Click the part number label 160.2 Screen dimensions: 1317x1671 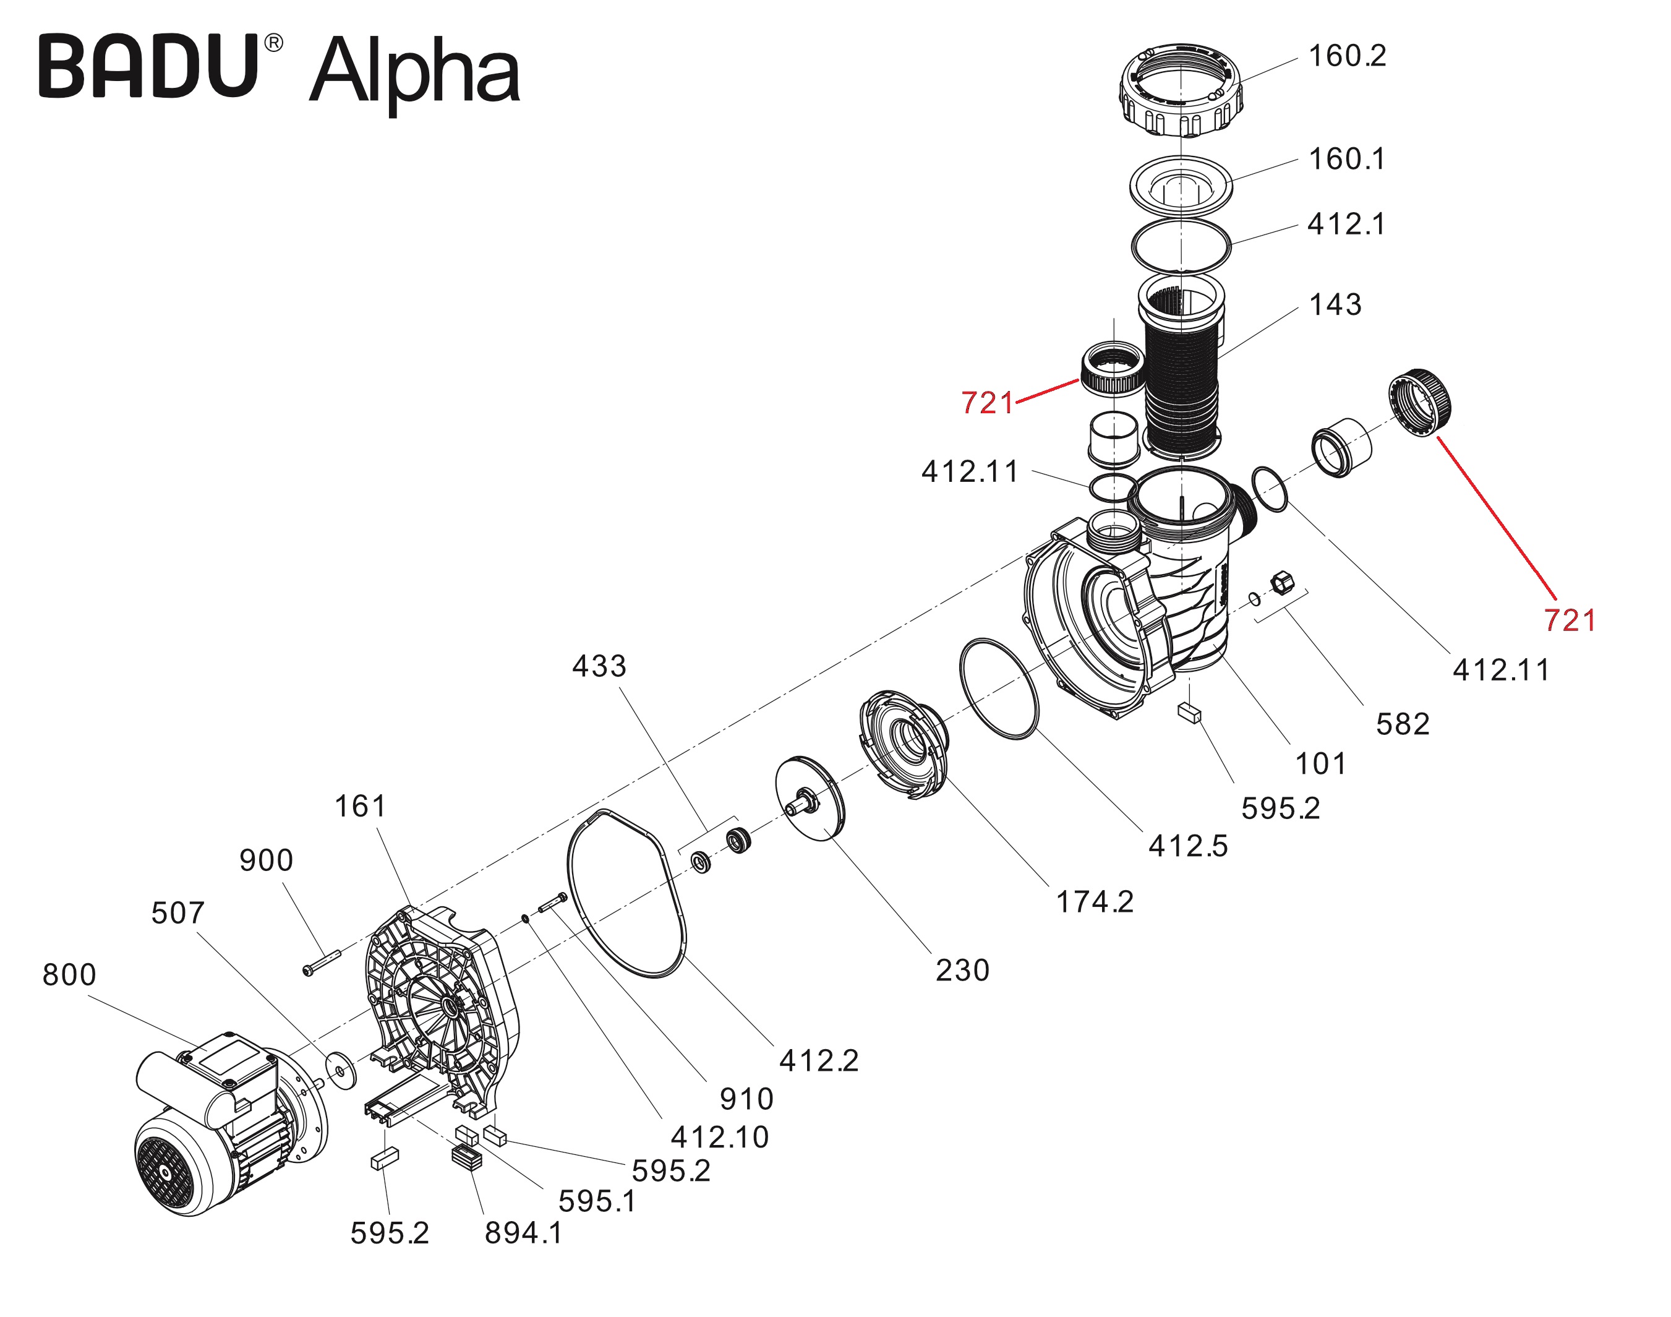1348,56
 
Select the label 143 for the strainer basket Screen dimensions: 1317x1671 1336,304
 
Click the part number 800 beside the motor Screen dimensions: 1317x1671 69,975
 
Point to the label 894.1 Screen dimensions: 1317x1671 523,1233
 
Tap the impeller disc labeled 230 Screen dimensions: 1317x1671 810,798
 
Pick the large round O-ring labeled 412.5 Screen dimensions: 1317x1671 999,689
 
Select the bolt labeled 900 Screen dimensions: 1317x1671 322,963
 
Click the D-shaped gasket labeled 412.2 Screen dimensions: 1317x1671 626,894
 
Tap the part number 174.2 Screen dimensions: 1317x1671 1095,901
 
